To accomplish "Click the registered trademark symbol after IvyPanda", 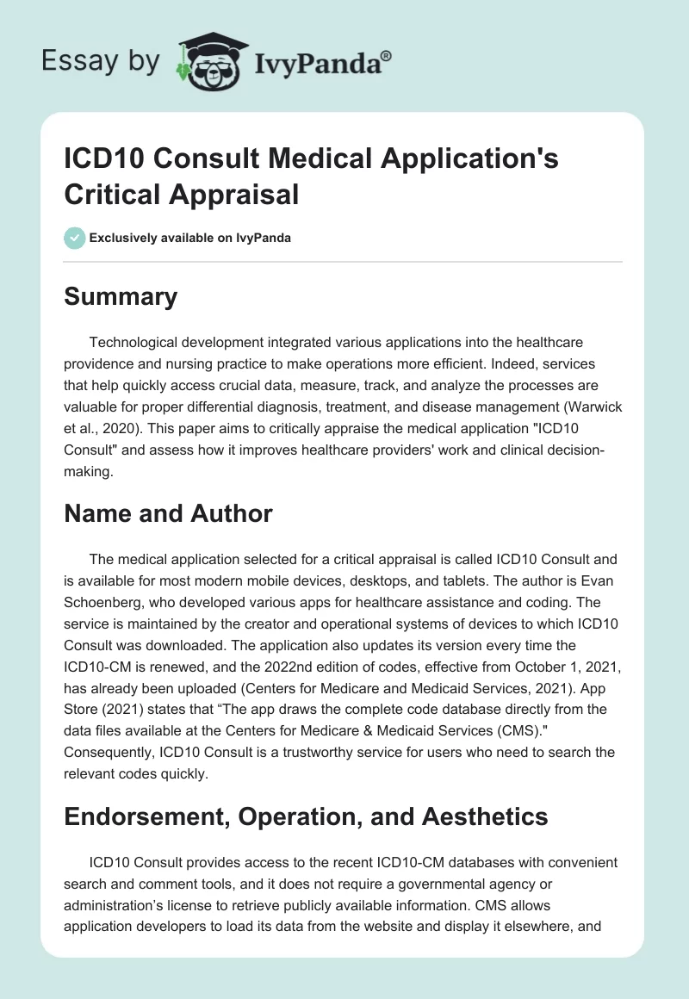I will click(x=387, y=55).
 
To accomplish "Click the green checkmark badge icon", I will click(x=75, y=238).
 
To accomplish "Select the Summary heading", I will click(x=121, y=297).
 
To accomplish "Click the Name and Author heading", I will click(x=168, y=514).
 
